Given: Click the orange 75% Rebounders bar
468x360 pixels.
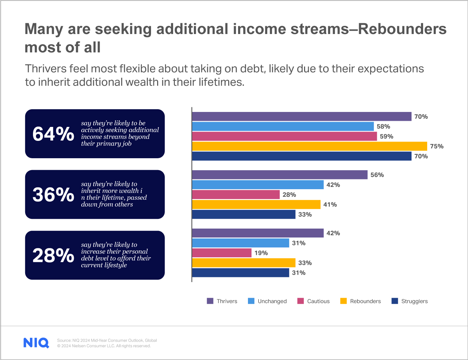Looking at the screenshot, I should (x=310, y=146).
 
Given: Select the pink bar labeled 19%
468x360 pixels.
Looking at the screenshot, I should (x=222, y=253).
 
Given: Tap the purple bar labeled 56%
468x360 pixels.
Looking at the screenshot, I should (x=280, y=175).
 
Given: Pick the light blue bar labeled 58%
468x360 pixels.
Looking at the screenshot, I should (x=283, y=127).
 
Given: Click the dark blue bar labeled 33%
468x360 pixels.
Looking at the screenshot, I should (x=244, y=214).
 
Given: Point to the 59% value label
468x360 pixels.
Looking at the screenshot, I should (x=386, y=136).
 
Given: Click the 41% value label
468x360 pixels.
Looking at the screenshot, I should (x=330, y=204).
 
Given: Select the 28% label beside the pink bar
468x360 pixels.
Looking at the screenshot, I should (x=289, y=195).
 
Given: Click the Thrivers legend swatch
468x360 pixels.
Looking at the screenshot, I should (x=210, y=301).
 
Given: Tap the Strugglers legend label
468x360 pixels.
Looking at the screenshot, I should (x=414, y=301).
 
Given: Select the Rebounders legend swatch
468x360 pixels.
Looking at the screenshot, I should (x=344, y=301).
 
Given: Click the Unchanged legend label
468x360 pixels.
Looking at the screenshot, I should (x=272, y=301).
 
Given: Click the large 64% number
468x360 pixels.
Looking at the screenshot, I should (x=53, y=134).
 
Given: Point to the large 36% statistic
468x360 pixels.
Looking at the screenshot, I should (x=53, y=195).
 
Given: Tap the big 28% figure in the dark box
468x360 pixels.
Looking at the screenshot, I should (x=53, y=255).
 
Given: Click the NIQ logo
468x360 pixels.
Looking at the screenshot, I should (x=36, y=343).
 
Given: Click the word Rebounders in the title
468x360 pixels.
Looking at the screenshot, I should (x=402, y=29).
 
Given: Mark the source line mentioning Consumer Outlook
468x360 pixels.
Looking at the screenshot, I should (x=107, y=340).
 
